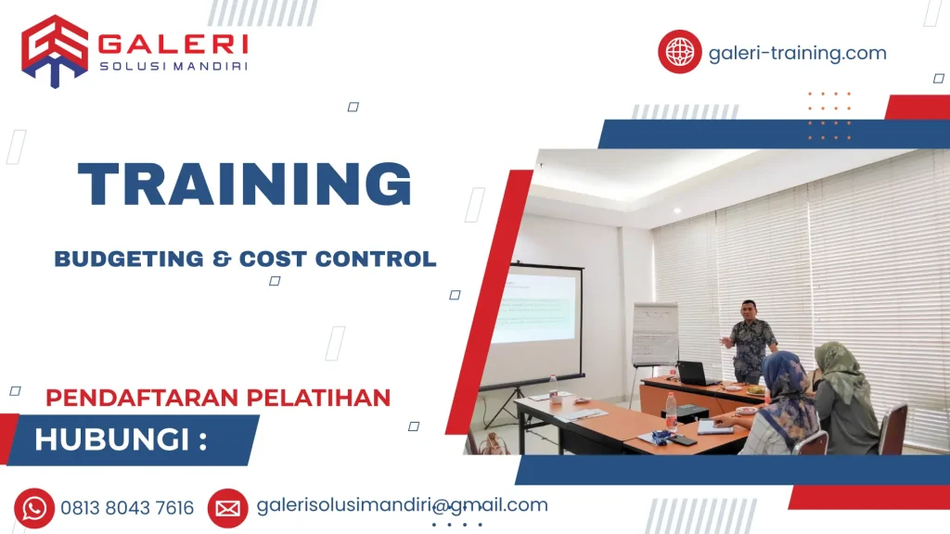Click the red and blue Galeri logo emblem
click(55, 50)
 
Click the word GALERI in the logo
click(173, 44)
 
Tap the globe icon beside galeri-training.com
click(680, 52)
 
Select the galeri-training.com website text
click(797, 53)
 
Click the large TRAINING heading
click(245, 185)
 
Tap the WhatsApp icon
click(34, 508)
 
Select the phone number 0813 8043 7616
click(127, 508)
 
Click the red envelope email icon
click(227, 508)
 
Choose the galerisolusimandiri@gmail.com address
click(402, 505)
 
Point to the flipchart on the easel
click(654, 334)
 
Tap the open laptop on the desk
click(694, 374)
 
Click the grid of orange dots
click(828, 115)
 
